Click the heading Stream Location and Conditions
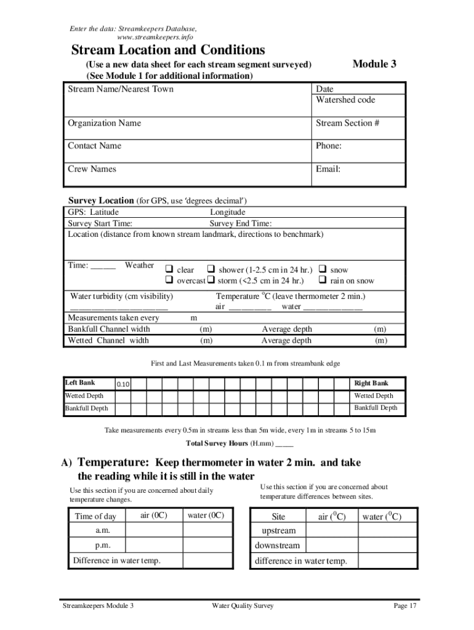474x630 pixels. pyautogui.click(x=168, y=50)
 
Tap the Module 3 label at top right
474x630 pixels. pyautogui.click(x=374, y=64)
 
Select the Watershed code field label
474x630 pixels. pyautogui.click(x=345, y=100)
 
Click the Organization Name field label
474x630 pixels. pyautogui.click(x=104, y=123)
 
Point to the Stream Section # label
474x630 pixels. pyautogui.click(x=347, y=123)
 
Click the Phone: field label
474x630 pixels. pyautogui.click(x=329, y=146)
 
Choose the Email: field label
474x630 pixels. pyautogui.click(x=328, y=169)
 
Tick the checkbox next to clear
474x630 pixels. pyautogui.click(x=168, y=269)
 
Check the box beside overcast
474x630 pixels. pyautogui.click(x=168, y=281)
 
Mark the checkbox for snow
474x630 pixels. pyautogui.click(x=322, y=269)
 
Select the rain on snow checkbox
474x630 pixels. pyautogui.click(x=322, y=281)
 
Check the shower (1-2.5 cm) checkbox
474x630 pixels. pyautogui.click(x=211, y=269)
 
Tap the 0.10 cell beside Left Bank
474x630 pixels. pyautogui.click(x=123, y=385)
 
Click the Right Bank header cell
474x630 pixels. pyautogui.click(x=371, y=383)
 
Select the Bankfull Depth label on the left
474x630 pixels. pyautogui.click(x=87, y=408)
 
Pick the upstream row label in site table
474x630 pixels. pyautogui.click(x=278, y=530)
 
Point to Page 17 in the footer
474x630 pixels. pyautogui.click(x=405, y=606)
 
